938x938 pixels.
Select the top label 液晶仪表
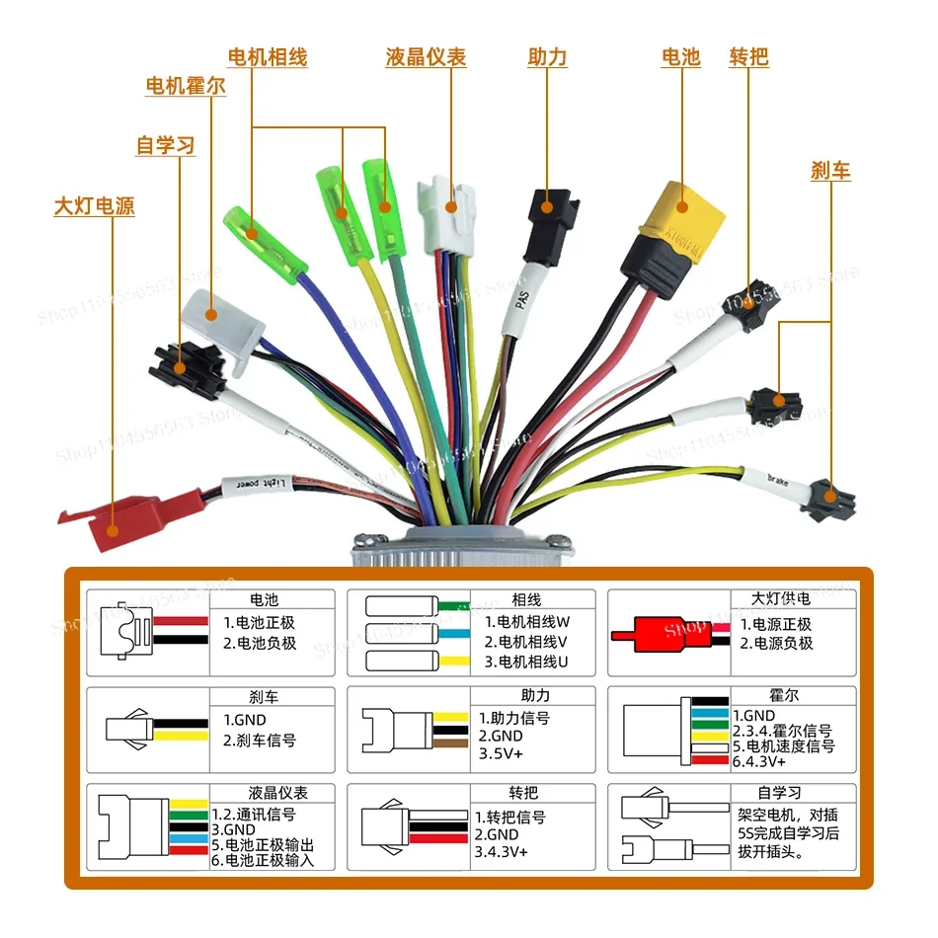tap(426, 57)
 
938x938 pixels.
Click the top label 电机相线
tap(268, 57)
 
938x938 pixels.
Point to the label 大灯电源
tap(94, 207)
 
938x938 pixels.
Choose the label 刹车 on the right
tap(830, 171)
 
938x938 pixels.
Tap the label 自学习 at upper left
tap(165, 146)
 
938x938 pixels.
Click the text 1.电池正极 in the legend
tap(259, 623)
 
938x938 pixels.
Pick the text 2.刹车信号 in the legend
tap(259, 740)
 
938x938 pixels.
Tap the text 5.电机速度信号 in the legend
tap(783, 746)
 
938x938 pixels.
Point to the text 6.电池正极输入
tap(263, 860)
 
